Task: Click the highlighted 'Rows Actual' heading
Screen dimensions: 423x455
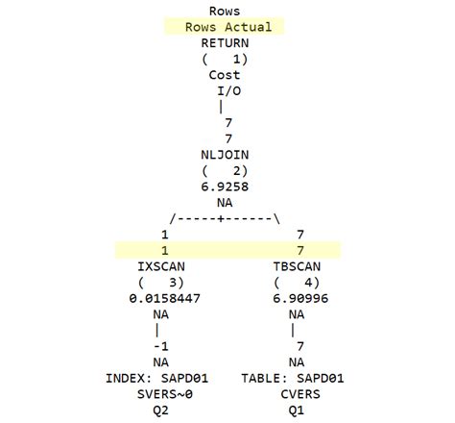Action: click(x=227, y=27)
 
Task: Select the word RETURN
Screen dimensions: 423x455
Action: click(x=226, y=43)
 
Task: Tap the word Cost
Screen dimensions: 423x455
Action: click(x=225, y=75)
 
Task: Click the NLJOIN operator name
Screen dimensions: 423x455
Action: click(x=225, y=155)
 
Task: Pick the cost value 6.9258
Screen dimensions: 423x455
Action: click(x=225, y=187)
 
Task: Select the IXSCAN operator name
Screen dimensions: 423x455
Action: click(x=164, y=265)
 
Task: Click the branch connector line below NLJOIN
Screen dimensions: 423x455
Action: click(x=226, y=218)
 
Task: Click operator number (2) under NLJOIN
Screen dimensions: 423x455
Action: click(x=226, y=171)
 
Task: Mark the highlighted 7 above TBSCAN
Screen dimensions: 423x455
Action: click(x=302, y=250)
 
